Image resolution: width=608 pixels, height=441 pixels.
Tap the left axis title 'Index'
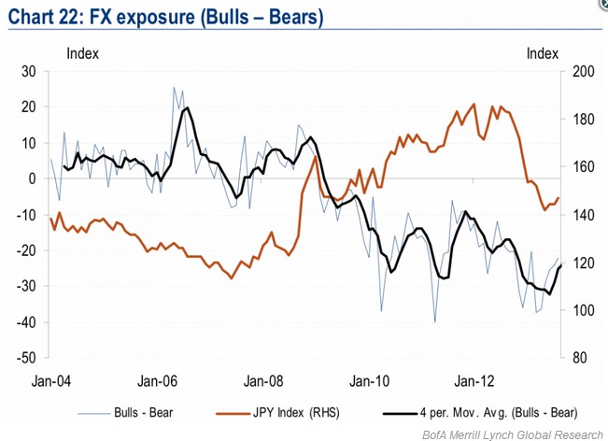(82, 52)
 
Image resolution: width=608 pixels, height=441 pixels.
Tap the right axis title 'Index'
(542, 52)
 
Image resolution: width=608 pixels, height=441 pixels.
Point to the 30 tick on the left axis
(28, 72)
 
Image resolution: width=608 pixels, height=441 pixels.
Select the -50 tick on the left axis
(26, 358)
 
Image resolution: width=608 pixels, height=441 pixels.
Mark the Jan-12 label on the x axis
(474, 381)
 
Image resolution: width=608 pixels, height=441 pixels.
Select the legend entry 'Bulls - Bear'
(142, 411)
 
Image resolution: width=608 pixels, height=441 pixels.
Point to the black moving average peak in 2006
(188, 108)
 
